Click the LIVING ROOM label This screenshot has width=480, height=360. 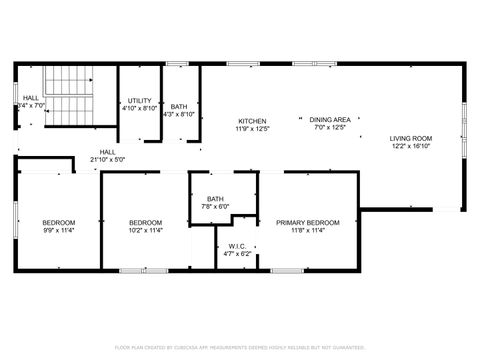point(410,138)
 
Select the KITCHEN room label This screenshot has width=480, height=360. point(251,120)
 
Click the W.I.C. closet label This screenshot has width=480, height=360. point(237,246)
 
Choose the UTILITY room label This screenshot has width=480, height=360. point(139,101)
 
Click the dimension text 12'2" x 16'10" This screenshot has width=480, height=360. point(410,146)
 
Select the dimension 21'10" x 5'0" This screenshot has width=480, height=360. point(107,160)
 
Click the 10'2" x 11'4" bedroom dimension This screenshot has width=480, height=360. point(145,230)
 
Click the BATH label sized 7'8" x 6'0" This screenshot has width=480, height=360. point(215,199)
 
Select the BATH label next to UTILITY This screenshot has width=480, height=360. point(178,106)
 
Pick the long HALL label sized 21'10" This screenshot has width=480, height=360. point(107,152)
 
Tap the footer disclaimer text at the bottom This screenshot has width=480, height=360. point(239,347)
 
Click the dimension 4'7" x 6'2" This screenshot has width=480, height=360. point(237,254)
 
